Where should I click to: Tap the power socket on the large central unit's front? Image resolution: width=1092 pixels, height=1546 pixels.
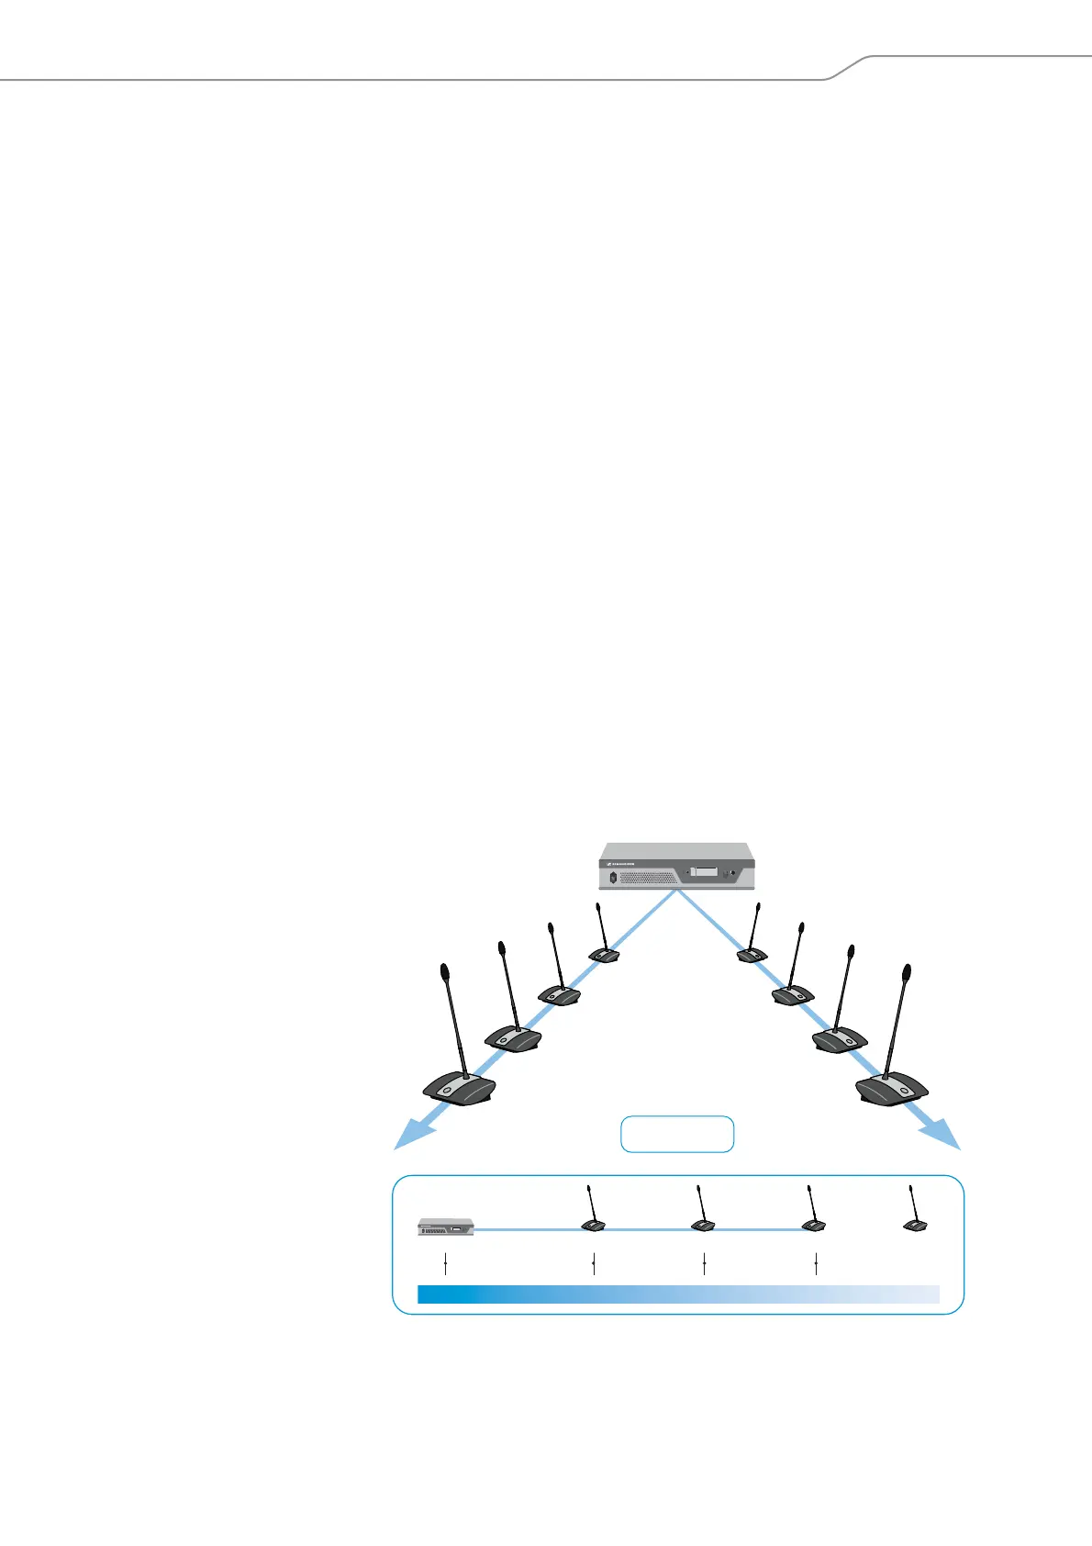click(x=614, y=877)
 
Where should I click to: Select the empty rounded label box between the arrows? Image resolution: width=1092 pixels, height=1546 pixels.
click(x=677, y=1134)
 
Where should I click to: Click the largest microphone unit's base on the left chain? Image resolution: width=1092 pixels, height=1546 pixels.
click(x=460, y=1089)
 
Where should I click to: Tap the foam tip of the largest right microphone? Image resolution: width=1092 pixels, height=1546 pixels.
click(x=907, y=971)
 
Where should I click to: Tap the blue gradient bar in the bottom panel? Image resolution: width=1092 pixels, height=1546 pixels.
click(x=678, y=1294)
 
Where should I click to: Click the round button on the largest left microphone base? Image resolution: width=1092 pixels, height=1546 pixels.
click(x=447, y=1090)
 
